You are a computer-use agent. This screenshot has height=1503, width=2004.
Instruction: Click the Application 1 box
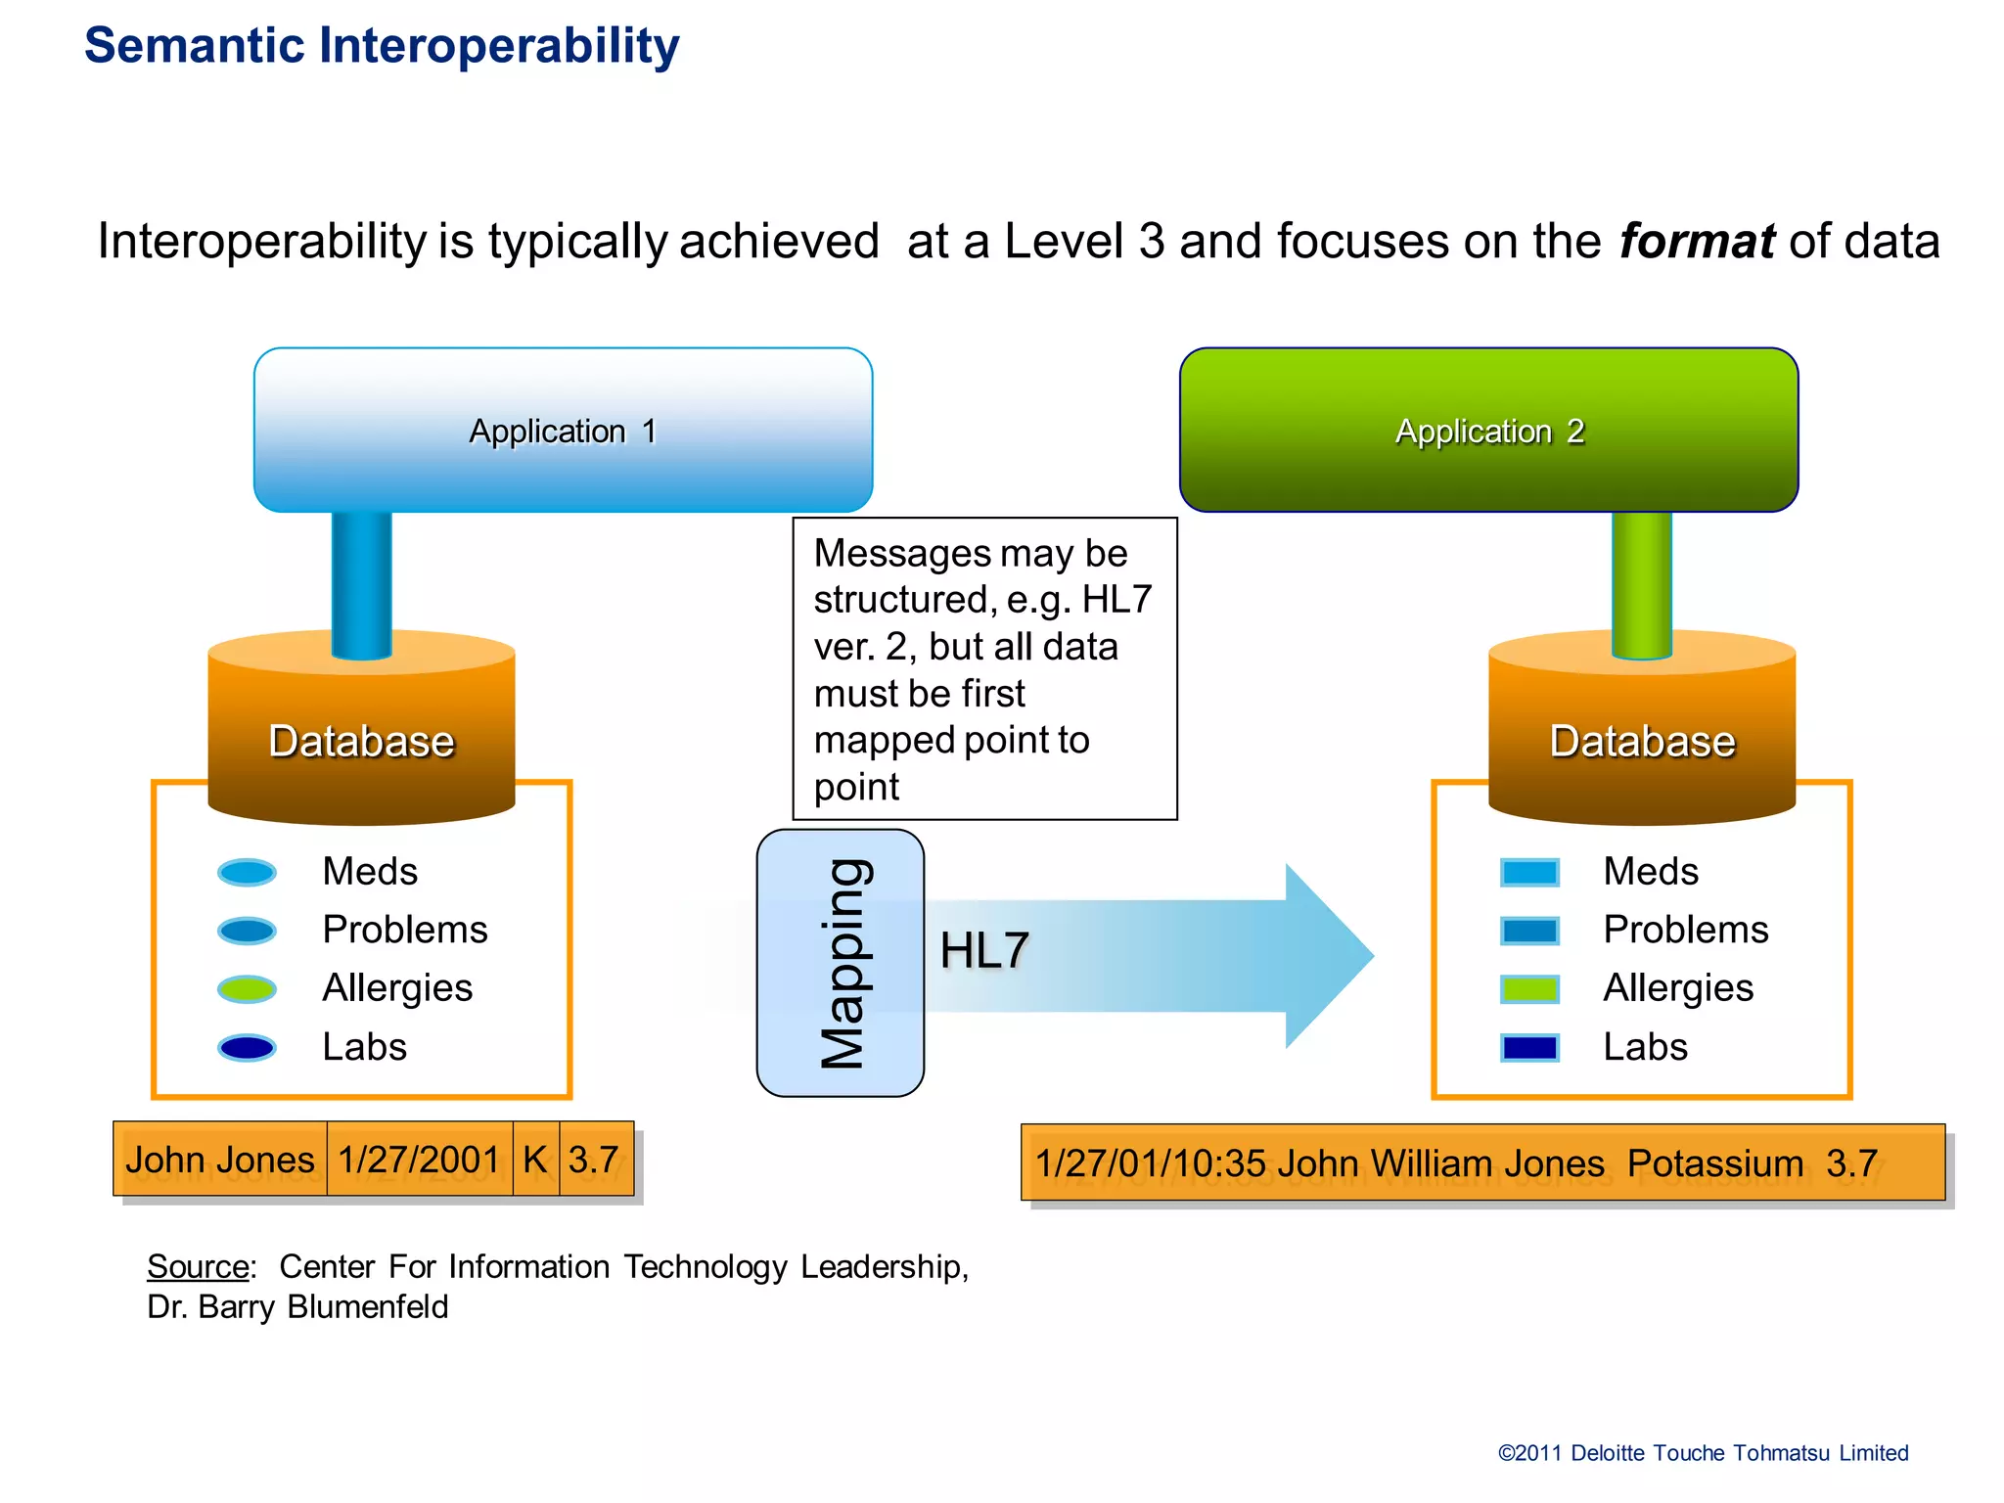tap(563, 431)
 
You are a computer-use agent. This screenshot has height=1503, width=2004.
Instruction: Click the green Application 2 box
tap(1488, 431)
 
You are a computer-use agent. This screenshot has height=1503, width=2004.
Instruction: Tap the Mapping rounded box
tap(840, 963)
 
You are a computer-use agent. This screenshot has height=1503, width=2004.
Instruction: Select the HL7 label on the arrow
tap(983, 950)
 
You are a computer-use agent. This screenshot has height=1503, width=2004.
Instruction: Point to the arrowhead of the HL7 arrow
tap(1331, 956)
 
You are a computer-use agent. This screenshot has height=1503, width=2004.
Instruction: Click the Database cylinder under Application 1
tap(361, 740)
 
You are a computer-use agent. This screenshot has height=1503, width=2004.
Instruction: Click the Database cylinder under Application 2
tap(1642, 740)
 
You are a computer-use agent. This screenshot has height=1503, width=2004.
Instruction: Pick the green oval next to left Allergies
tap(247, 988)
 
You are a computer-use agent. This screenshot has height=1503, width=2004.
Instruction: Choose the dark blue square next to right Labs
tap(1528, 1048)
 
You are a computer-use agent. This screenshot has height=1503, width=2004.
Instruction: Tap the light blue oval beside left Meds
tap(247, 872)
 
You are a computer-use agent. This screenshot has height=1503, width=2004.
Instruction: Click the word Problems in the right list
tap(1685, 930)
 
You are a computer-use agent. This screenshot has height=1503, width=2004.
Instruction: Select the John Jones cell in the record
tap(220, 1160)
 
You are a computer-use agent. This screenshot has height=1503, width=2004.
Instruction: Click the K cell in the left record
tap(535, 1160)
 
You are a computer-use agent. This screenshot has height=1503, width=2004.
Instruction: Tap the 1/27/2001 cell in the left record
tap(419, 1160)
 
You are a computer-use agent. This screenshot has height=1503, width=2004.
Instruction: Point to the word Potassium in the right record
tap(1714, 1163)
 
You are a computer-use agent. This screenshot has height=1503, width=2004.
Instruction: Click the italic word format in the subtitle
tap(1696, 241)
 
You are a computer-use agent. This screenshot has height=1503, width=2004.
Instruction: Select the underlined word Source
tap(198, 1266)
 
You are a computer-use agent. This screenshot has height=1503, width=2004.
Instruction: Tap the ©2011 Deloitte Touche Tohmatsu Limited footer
tap(1703, 1453)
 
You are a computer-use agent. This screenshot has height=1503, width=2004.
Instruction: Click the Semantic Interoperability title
tap(382, 46)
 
